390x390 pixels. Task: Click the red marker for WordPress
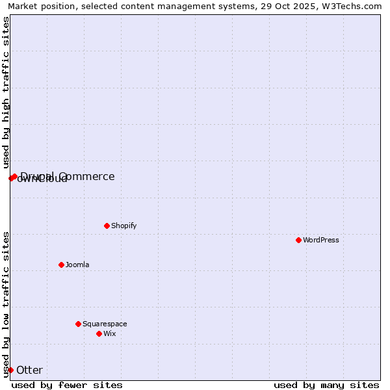pyautogui.click(x=298, y=240)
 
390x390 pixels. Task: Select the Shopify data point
pyautogui.click(x=107, y=226)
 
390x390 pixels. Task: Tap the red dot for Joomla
pyautogui.click(x=61, y=265)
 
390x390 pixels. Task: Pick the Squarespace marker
pyautogui.click(x=78, y=324)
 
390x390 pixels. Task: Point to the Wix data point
pyautogui.click(x=99, y=333)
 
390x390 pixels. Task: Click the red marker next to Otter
pyautogui.click(x=10, y=370)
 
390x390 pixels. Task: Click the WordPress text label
pyautogui.click(x=321, y=240)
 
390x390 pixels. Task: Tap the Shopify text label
pyautogui.click(x=123, y=226)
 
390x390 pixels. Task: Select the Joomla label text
pyautogui.click(x=77, y=265)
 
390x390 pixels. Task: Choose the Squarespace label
pyautogui.click(x=105, y=324)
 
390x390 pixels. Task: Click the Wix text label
pyautogui.click(x=109, y=333)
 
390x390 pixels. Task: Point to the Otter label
pyautogui.click(x=29, y=370)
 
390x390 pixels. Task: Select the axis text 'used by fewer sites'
pyautogui.click(x=67, y=385)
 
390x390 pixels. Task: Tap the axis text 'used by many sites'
pyautogui.click(x=326, y=385)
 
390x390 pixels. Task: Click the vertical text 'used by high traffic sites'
pyautogui.click(x=6, y=92)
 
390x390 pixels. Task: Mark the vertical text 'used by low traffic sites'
pyautogui.click(x=6, y=304)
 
